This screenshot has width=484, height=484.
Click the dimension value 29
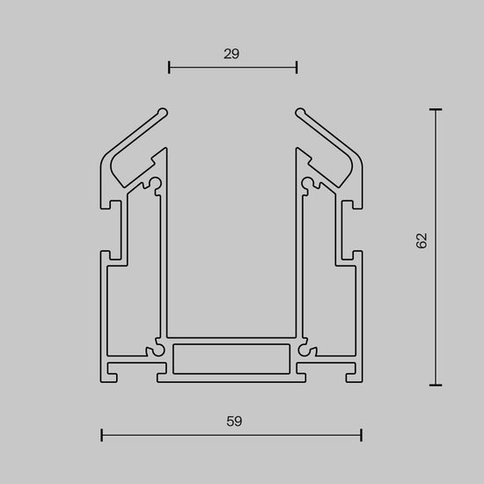click(231, 54)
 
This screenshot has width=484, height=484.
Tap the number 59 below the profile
click(233, 421)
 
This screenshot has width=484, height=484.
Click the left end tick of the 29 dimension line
click(169, 66)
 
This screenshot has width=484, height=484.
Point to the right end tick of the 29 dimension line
click(297, 66)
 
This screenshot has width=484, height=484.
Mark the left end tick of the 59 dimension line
click(102, 434)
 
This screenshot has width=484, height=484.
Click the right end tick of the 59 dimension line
click(362, 434)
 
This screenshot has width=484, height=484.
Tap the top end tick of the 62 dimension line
click(435, 110)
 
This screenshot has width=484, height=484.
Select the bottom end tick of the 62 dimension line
click(435, 385)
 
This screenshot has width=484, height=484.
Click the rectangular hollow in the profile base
click(231, 358)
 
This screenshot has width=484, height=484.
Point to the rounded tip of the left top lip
click(163, 112)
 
